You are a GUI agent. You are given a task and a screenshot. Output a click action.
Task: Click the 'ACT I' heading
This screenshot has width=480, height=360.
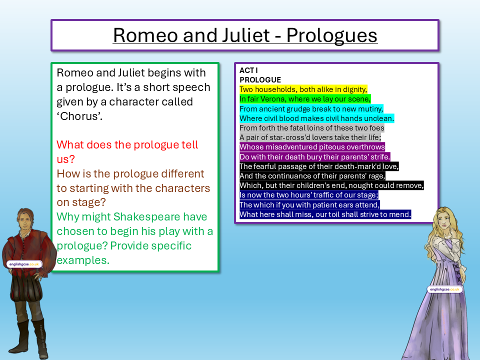[x=248, y=70]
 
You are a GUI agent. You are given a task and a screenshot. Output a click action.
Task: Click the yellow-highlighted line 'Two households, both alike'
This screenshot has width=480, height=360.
[x=303, y=89]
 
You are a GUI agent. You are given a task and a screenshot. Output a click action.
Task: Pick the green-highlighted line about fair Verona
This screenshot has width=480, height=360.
[x=305, y=99]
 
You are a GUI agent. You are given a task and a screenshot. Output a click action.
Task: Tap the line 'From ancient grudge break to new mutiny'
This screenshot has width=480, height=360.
[x=311, y=108]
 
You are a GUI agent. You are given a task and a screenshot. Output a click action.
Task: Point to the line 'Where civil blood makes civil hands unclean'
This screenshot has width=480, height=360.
[x=316, y=118]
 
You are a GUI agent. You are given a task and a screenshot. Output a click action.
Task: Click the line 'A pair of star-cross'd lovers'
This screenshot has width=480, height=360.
[x=310, y=137]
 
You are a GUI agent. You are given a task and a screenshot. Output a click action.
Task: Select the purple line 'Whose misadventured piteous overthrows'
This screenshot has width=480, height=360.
[x=312, y=147]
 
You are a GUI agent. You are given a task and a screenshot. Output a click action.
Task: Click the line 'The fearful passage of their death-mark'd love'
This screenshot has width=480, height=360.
[x=319, y=166]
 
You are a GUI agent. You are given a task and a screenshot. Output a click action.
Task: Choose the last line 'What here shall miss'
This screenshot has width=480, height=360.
[x=325, y=214]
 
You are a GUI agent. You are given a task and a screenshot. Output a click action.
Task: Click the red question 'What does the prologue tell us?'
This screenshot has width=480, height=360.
[x=127, y=152]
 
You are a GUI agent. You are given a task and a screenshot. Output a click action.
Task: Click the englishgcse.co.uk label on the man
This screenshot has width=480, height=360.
[x=24, y=264]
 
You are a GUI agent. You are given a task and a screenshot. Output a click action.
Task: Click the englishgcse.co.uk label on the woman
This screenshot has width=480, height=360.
[x=445, y=289]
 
